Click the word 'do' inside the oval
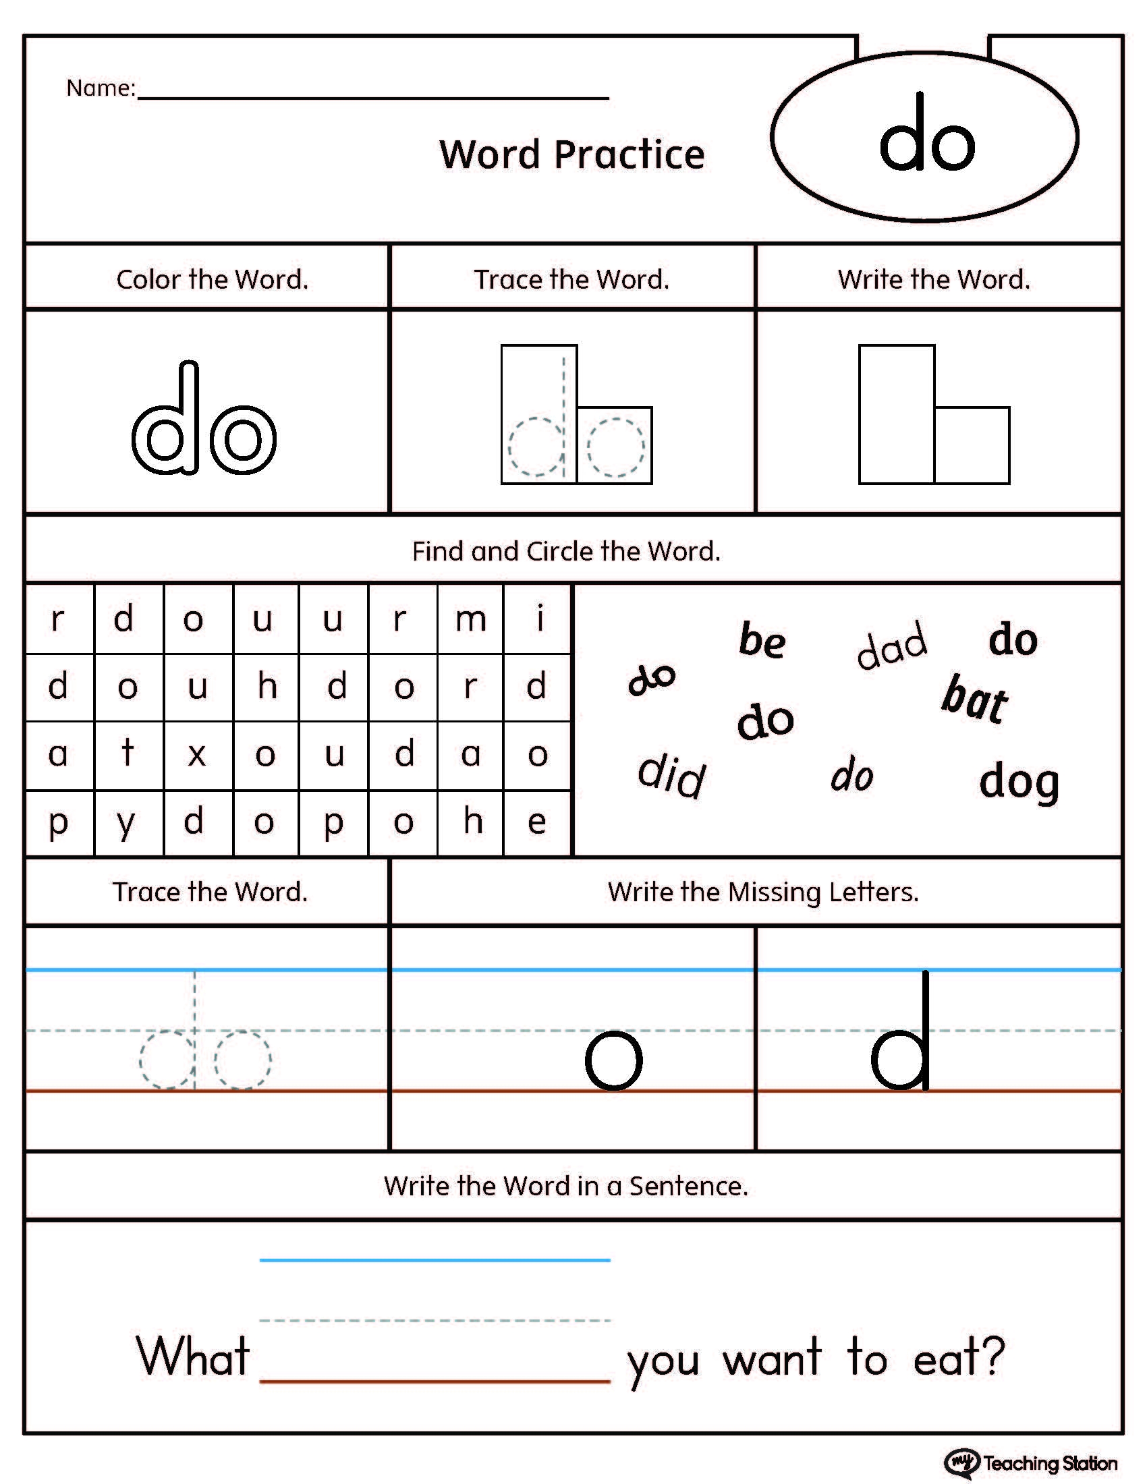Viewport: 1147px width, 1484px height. pos(926,136)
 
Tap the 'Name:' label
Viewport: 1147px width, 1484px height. pos(101,88)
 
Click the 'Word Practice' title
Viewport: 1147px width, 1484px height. pos(571,154)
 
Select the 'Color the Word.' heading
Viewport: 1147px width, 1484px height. pos(212,279)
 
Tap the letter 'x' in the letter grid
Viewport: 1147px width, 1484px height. pos(197,755)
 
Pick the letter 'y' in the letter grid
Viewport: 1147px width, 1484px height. pos(126,824)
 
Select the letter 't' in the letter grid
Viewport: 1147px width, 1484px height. pos(127,753)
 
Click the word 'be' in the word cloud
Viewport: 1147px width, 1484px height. pos(762,640)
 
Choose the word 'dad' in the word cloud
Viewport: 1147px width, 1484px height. pos(891,645)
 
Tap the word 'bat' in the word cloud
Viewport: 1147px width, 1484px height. pos(974,700)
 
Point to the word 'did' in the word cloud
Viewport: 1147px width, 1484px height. pos(672,775)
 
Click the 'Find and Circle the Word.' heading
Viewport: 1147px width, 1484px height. pos(566,551)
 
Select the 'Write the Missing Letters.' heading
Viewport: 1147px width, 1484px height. pos(763,892)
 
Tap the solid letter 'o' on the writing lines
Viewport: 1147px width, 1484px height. pos(613,1060)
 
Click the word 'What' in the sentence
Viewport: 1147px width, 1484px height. pos(193,1356)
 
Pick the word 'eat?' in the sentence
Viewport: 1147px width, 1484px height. pos(959,1357)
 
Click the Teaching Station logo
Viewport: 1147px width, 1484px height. pos(1030,1462)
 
